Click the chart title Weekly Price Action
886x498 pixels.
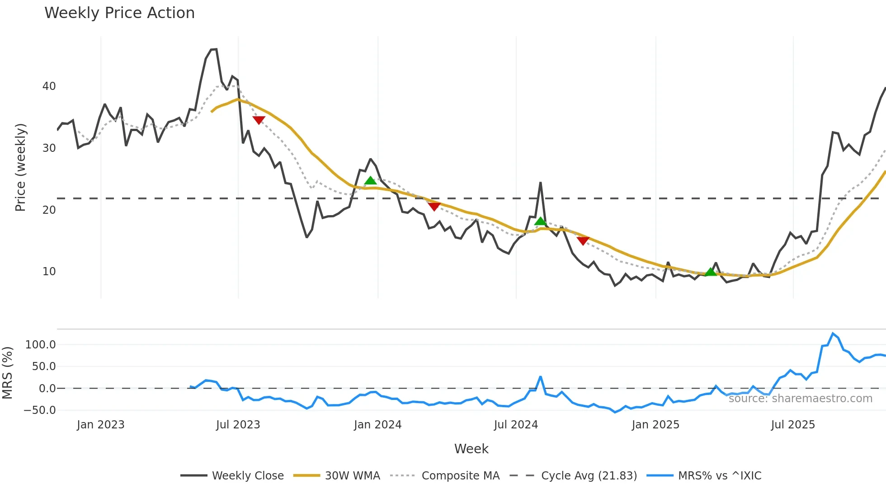point(119,13)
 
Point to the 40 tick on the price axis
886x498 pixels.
point(49,86)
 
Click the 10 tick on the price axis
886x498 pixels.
point(49,272)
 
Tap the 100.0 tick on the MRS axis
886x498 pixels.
point(40,345)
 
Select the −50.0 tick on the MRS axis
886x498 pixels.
point(39,410)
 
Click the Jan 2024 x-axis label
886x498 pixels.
point(377,425)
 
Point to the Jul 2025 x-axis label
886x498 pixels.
point(792,425)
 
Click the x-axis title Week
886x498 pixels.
point(471,449)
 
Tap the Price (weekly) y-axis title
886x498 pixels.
point(20,167)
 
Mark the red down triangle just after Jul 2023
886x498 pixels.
point(259,120)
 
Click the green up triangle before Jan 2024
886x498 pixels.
point(370,181)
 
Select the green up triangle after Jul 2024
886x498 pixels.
point(540,221)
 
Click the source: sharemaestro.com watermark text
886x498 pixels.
point(800,399)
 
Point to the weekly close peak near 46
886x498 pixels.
point(214,49)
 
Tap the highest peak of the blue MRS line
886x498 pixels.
point(833,334)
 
